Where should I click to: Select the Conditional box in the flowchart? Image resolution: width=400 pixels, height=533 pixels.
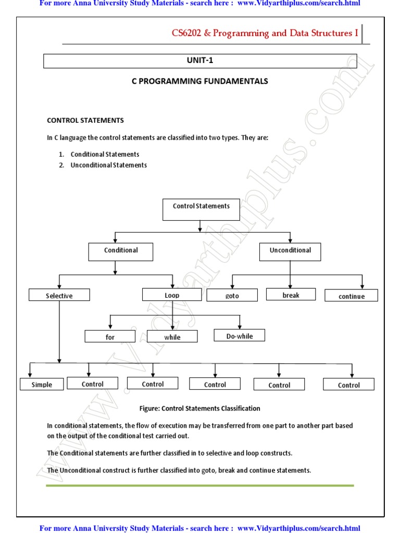tap(121, 252)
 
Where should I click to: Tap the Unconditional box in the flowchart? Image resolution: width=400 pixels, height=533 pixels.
tap(290, 252)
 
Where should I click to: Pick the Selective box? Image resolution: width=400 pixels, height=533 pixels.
tap(59, 295)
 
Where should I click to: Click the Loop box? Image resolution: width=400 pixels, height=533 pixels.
tap(172, 295)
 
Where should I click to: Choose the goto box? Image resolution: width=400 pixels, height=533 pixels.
tap(232, 295)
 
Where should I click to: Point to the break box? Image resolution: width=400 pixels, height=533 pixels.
tap(291, 295)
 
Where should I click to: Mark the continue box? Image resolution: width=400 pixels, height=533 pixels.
tap(351, 296)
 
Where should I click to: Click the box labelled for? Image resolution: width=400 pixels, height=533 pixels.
tap(110, 337)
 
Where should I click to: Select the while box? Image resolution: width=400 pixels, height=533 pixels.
tap(172, 337)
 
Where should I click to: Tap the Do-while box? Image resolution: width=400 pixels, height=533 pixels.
tap(239, 336)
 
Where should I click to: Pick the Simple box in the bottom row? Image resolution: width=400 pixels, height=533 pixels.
tap(42, 385)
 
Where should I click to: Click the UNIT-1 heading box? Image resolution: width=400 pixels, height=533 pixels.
tap(200, 61)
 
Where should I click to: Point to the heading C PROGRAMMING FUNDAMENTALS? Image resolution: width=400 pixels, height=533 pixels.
tap(200, 81)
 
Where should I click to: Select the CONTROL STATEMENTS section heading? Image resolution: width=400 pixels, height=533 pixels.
tap(85, 120)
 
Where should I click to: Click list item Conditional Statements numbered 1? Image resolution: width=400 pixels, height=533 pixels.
tap(105, 154)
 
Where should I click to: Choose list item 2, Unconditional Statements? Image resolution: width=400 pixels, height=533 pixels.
tap(108, 165)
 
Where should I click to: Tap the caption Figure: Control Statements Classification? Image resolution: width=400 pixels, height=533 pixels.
tap(200, 408)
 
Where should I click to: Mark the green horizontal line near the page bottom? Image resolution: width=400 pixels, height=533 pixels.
tap(200, 485)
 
